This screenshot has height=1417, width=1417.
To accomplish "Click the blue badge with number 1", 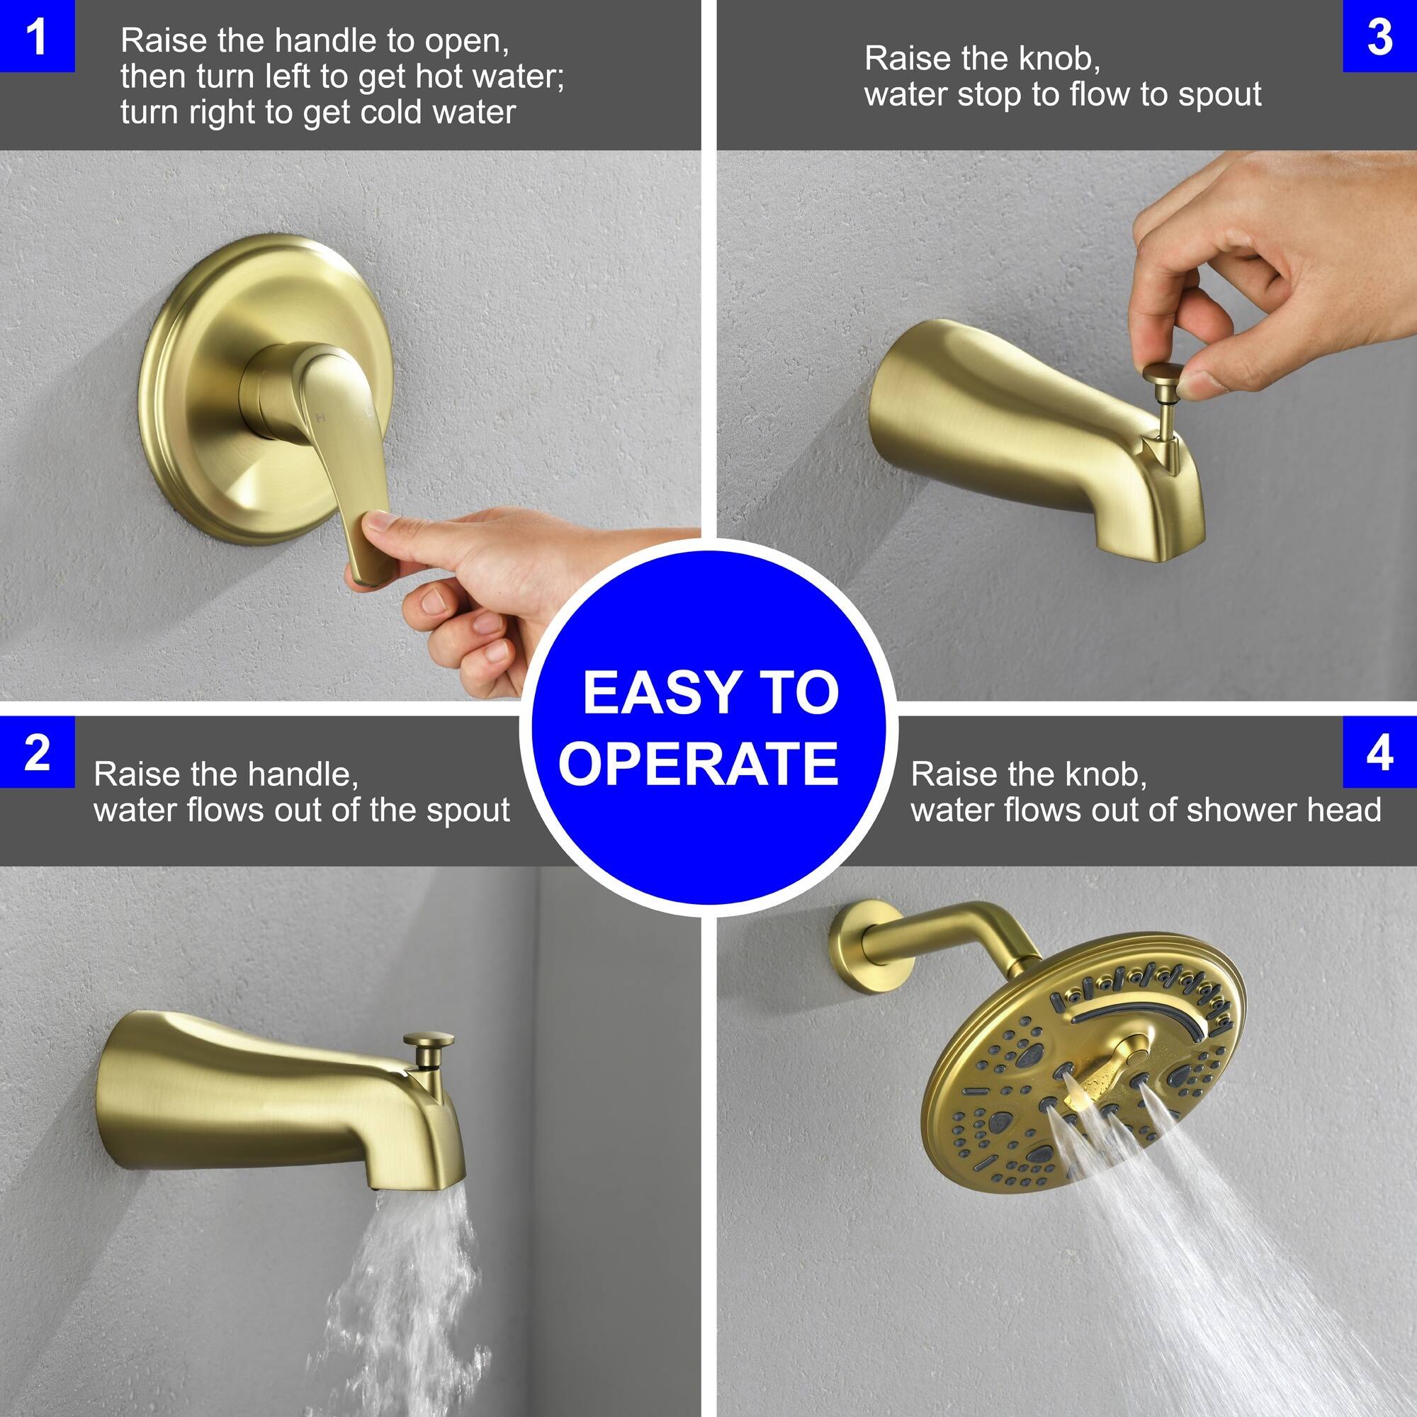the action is [37, 36].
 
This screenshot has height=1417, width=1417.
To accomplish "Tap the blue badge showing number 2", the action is [37, 752].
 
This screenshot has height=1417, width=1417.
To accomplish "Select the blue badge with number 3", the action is [1379, 36].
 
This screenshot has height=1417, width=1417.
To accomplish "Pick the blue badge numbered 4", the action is [1379, 752].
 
